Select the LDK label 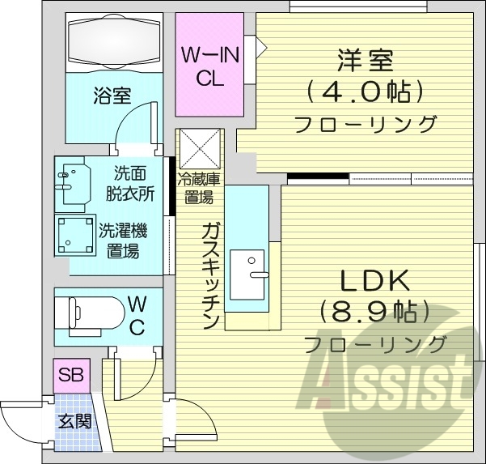point(374,281)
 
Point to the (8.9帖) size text point(374,312)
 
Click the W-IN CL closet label point(209,67)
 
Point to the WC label point(137,316)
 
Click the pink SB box point(72,375)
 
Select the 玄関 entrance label point(74,421)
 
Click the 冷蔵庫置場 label point(198,189)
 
